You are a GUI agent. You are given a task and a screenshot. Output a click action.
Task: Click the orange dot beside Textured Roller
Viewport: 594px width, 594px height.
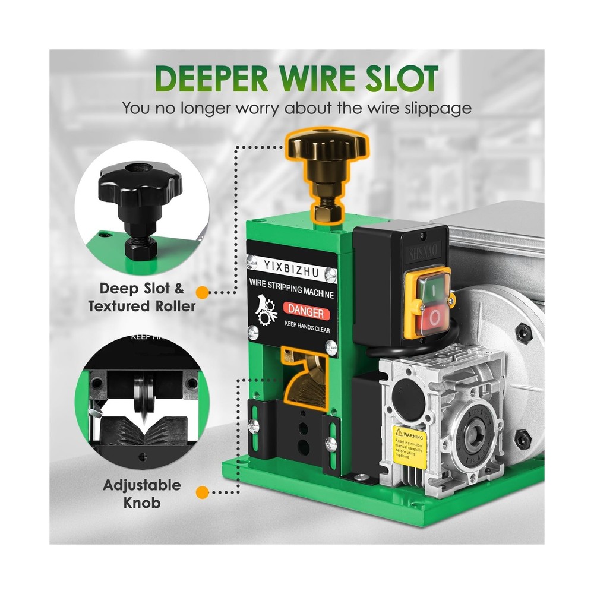tap(203, 292)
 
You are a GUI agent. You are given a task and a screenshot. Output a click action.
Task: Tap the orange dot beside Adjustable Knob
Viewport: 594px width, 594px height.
tap(203, 492)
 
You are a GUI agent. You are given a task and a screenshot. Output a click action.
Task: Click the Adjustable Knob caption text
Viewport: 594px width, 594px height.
tap(143, 494)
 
